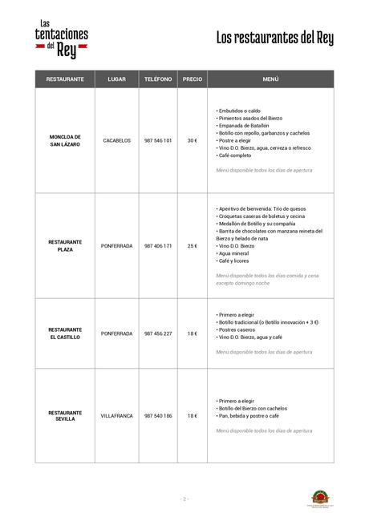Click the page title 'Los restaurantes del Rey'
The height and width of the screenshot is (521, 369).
click(274, 38)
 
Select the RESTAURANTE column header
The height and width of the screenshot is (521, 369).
click(65, 80)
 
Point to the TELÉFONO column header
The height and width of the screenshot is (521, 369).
click(158, 80)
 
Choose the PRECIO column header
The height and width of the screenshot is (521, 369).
click(193, 80)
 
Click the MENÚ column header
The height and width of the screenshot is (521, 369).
click(270, 80)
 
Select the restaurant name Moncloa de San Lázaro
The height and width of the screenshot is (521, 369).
click(65, 140)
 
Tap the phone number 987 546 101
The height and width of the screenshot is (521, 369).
click(158, 140)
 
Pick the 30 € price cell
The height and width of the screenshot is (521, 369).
click(193, 140)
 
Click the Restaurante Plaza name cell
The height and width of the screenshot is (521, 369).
click(65, 245)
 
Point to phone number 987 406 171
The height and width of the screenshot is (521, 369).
click(158, 245)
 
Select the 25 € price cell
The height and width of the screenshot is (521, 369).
click(193, 245)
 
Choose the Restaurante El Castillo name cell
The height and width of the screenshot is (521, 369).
click(65, 333)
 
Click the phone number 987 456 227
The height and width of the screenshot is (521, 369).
click(158, 333)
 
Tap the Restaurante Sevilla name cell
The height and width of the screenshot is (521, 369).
click(65, 415)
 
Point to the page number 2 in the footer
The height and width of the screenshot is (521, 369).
click(184, 499)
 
